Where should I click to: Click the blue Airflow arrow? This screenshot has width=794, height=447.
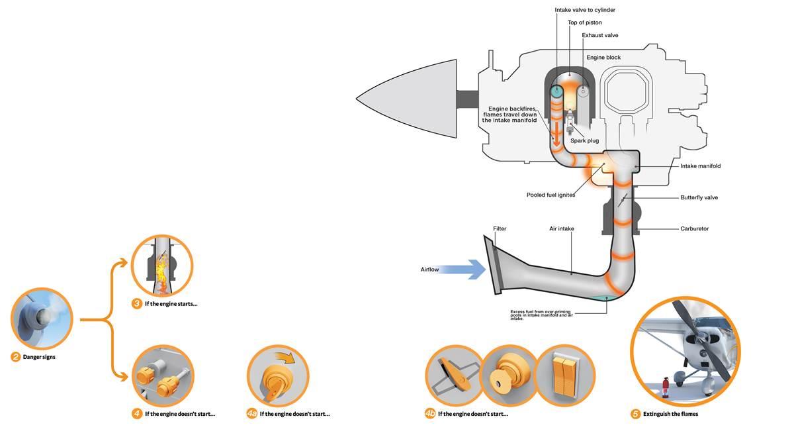coord(463,270)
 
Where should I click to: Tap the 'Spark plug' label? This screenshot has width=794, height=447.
coord(584,140)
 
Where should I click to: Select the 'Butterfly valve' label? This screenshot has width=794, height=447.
coord(699,197)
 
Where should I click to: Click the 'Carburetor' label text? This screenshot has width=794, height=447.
coord(695,228)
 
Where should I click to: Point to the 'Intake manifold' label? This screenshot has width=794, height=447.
coord(700,166)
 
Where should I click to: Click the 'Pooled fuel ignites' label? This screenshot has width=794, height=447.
coord(551,195)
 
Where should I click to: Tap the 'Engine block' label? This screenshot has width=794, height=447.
coord(603,58)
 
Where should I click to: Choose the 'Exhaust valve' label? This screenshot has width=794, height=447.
coord(600,35)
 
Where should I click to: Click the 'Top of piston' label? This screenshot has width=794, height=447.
coord(585,23)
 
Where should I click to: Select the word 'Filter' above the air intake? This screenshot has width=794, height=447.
coord(500,228)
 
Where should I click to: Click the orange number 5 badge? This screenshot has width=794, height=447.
coord(635,414)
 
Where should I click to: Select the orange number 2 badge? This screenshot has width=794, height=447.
coord(16,357)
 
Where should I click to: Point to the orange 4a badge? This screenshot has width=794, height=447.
coord(252,414)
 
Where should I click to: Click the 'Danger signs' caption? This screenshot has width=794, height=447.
coord(39,357)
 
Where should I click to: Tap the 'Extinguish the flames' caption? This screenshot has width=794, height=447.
coord(670,414)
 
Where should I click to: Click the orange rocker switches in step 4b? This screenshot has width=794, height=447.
coord(564,375)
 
